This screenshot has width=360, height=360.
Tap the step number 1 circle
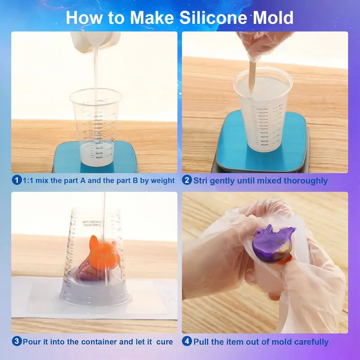[x=17, y=180]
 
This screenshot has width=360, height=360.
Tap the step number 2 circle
[x=187, y=180]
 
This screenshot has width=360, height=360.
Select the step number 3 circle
[x=17, y=342]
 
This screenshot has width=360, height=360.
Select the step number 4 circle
[x=187, y=342]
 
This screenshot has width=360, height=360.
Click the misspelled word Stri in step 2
[x=202, y=180]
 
